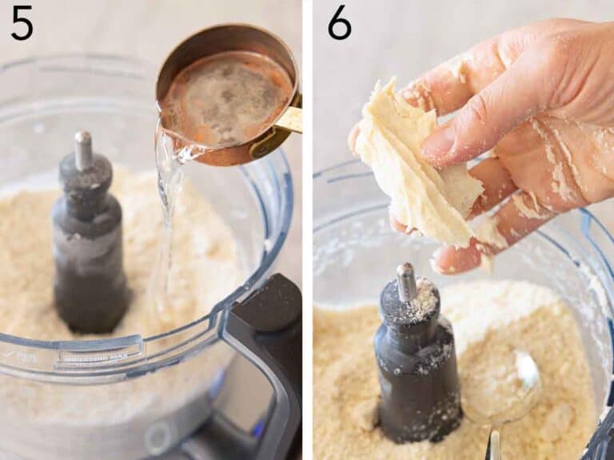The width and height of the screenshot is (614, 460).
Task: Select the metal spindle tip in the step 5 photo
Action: [x=83, y=149]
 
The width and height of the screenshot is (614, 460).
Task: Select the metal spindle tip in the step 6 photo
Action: [x=407, y=280]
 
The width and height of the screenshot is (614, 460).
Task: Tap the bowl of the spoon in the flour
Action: [x=502, y=387]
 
